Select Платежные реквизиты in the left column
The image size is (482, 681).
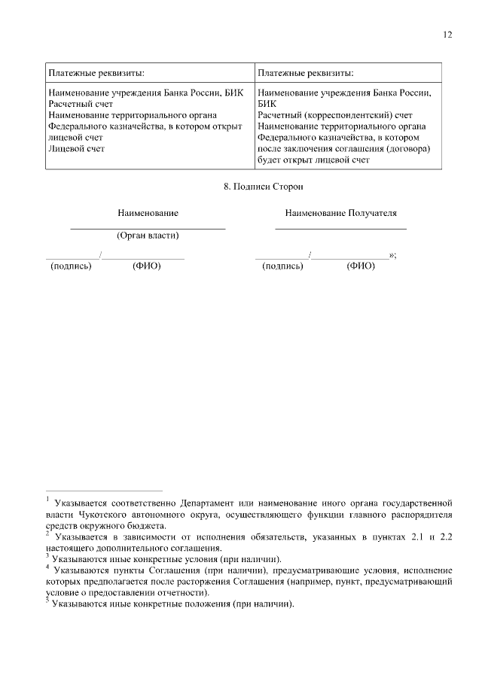pyautogui.click(x=96, y=73)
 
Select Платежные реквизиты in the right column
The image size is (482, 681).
pyautogui.click(x=305, y=73)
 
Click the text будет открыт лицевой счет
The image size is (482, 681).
pyautogui.click(x=314, y=160)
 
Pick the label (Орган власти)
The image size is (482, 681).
pyautogui.click(x=148, y=235)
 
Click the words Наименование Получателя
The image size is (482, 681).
pyautogui.click(x=340, y=214)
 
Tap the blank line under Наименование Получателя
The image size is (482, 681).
pyautogui.click(x=340, y=227)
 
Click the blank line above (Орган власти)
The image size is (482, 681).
pyautogui.click(x=148, y=227)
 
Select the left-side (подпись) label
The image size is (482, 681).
pyautogui.click(x=70, y=266)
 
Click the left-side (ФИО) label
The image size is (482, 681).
pyautogui.click(x=147, y=266)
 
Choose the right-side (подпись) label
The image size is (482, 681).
pyautogui.click(x=282, y=266)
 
